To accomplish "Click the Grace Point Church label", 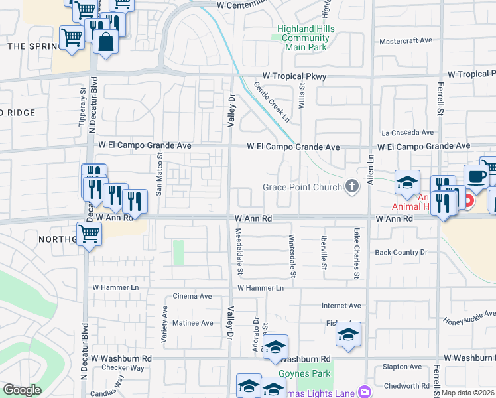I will [x=302, y=187].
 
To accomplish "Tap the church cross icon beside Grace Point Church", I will [x=351, y=187].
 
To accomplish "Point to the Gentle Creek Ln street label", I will [x=272, y=101].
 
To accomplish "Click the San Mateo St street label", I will [x=159, y=173].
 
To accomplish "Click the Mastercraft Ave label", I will [x=405, y=40].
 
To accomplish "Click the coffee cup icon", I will [x=476, y=176].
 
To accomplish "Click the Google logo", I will [x=22, y=390].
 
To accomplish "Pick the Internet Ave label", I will [x=341, y=306].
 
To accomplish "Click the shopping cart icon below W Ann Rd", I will [x=89, y=233].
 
